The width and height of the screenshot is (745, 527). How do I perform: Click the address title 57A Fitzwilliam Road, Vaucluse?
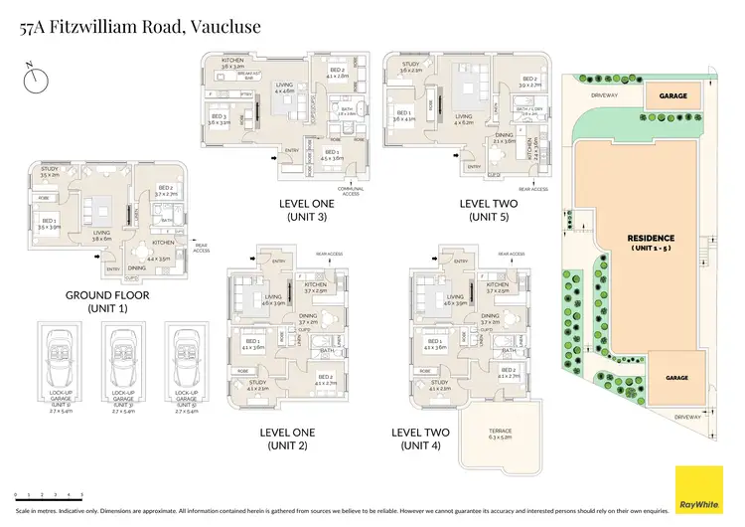(139, 27)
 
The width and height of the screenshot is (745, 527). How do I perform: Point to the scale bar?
(49, 494)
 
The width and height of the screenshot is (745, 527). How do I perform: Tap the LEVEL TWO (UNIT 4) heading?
(420, 439)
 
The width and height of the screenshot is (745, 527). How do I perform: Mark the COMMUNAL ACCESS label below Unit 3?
(351, 191)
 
